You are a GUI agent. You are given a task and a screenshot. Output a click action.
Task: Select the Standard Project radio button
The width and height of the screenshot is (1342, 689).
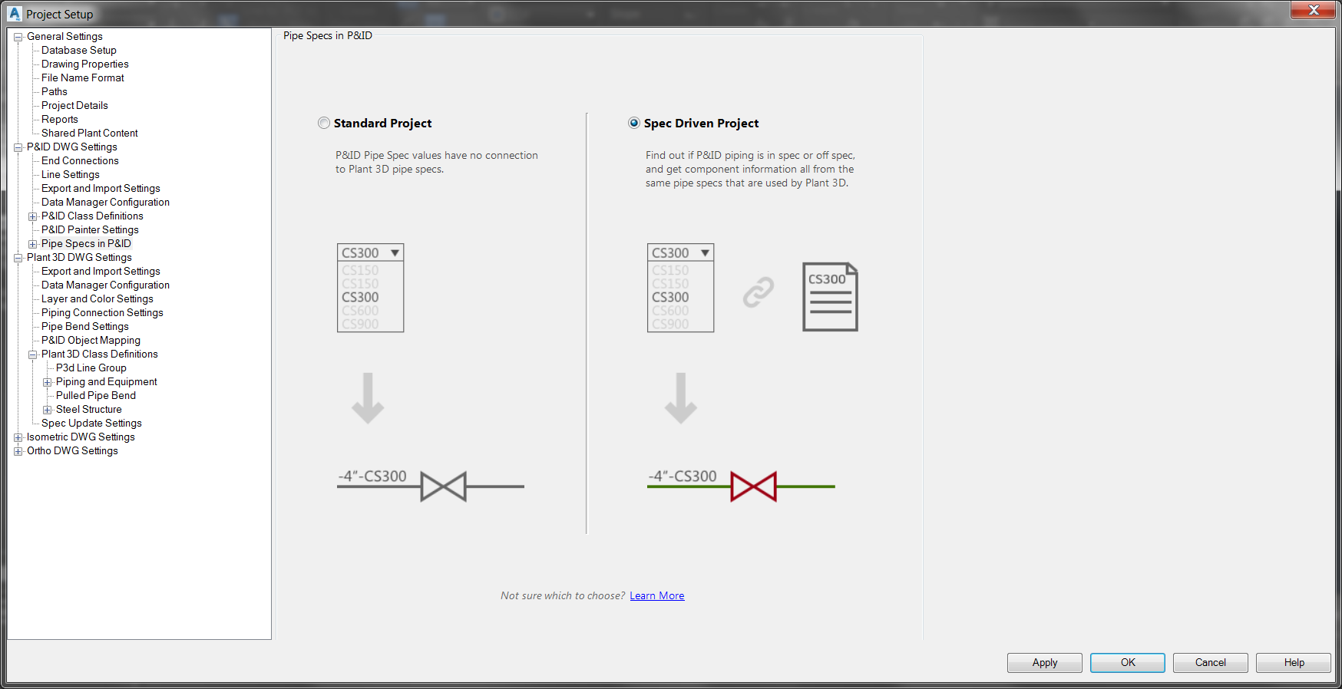point(324,123)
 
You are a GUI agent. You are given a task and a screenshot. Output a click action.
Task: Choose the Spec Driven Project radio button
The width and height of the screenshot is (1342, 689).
point(634,123)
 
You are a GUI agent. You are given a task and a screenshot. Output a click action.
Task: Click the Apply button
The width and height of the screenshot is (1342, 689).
point(1044,662)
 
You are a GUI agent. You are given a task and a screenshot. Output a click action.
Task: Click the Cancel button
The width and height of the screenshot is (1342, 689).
point(1210,662)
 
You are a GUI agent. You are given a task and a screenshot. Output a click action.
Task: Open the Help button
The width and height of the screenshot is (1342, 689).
point(1294,662)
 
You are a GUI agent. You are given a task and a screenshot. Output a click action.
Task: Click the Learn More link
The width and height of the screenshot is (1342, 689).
point(656,595)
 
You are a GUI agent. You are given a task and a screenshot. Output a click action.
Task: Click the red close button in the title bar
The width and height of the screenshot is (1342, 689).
point(1314,10)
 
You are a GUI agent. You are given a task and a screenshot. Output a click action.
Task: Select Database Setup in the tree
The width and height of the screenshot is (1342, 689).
point(79,50)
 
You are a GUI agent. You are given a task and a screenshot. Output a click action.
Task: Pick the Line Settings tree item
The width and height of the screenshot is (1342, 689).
point(71,174)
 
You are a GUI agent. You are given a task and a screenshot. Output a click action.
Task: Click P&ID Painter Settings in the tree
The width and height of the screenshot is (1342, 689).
point(90,229)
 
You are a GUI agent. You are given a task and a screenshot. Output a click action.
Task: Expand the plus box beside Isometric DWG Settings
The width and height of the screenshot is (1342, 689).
point(18,437)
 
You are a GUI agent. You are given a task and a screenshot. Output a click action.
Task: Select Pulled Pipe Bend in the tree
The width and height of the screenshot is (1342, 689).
point(96,395)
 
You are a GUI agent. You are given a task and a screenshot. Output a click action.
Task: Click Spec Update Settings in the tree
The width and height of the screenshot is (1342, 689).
point(91,423)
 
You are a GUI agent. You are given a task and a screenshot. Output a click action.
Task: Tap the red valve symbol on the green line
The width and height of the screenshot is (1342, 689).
point(753,486)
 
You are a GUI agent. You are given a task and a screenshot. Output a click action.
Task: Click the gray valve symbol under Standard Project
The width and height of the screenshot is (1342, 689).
point(443,486)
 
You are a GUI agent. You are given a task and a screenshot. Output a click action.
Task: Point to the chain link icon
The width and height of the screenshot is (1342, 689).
point(758,292)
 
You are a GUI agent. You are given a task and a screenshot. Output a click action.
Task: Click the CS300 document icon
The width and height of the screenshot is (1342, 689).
point(830,297)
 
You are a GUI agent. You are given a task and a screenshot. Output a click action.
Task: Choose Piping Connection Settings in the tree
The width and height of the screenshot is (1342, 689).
point(102,312)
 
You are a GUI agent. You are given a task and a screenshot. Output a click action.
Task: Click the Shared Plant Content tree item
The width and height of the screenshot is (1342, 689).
point(90,133)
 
